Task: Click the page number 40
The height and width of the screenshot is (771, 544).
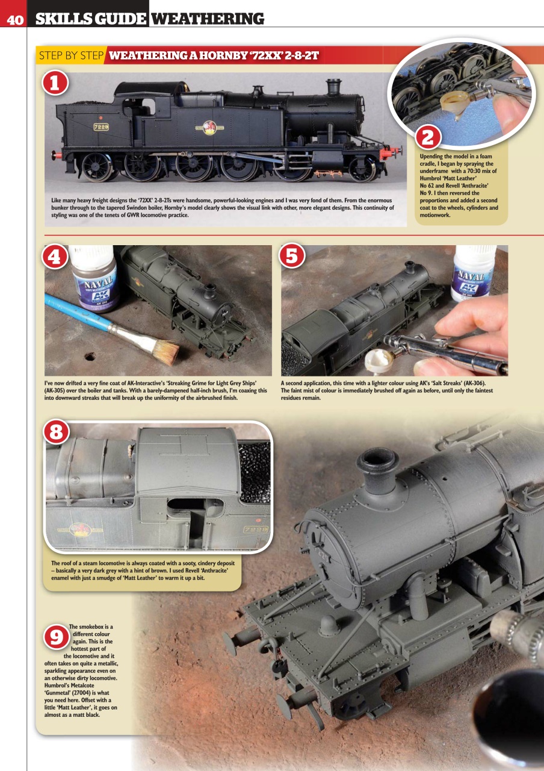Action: pyautogui.click(x=15, y=20)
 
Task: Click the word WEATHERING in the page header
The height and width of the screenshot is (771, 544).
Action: pyautogui.click(x=207, y=19)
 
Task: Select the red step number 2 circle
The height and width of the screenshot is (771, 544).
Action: pyautogui.click(x=428, y=137)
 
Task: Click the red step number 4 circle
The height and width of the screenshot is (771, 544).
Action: pyautogui.click(x=55, y=257)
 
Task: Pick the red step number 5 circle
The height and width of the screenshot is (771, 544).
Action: pyautogui.click(x=292, y=257)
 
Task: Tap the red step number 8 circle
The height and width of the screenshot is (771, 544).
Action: pyautogui.click(x=55, y=432)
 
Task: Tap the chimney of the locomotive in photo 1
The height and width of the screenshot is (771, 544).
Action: pyautogui.click(x=333, y=87)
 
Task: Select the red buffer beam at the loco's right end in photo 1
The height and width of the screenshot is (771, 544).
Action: pyautogui.click(x=391, y=153)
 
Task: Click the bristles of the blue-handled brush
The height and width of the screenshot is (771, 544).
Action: pyautogui.click(x=163, y=350)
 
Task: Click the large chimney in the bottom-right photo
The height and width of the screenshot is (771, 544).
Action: pyautogui.click(x=377, y=466)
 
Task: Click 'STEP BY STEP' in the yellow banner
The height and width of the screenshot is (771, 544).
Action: pyautogui.click(x=70, y=56)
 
